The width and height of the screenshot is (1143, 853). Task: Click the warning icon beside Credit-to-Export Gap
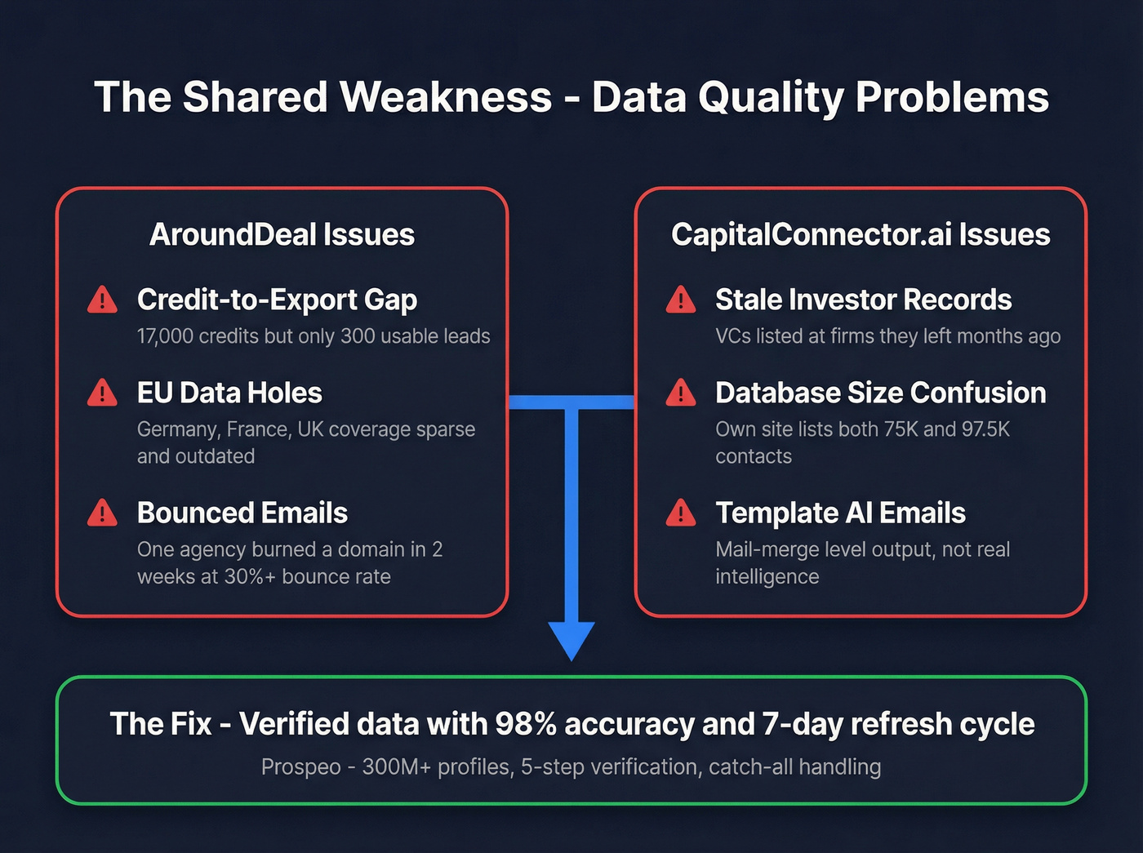[x=102, y=300]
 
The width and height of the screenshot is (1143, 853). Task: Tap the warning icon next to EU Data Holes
[x=102, y=393]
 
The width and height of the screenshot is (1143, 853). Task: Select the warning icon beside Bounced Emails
[x=102, y=513]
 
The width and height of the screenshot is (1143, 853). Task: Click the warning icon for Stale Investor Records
[x=681, y=300]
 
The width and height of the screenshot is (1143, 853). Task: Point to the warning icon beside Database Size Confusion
[x=681, y=393]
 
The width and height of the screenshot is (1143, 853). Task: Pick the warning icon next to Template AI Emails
[x=681, y=513]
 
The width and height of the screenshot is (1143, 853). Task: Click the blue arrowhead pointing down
[x=571, y=639]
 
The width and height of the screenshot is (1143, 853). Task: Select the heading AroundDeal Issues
[x=282, y=235]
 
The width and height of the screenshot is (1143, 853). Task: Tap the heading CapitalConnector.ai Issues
[x=861, y=235]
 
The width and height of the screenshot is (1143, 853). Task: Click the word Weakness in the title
[x=446, y=97]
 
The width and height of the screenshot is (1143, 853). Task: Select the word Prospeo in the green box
[x=300, y=767]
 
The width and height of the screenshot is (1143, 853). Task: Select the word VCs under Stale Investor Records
[x=732, y=336]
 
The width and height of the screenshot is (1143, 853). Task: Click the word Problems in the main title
[x=952, y=97]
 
